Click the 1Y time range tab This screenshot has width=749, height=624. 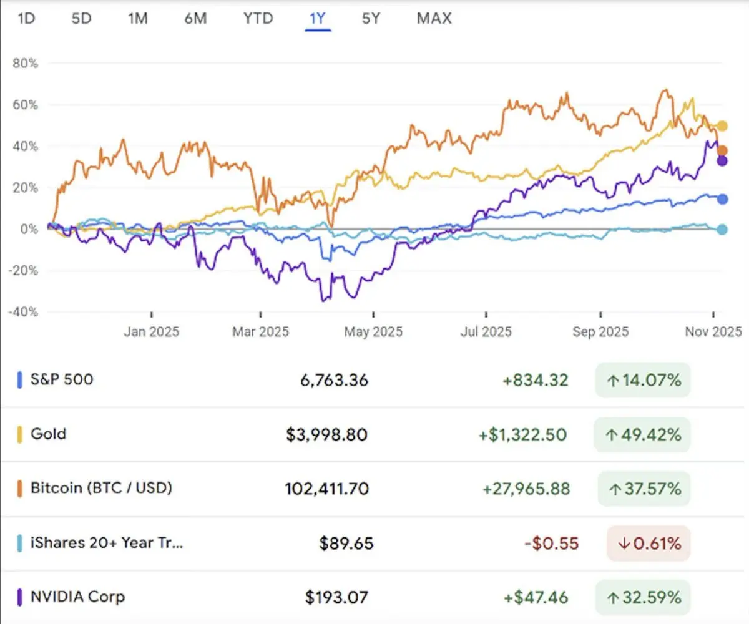pos(317,19)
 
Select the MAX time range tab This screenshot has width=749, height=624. pos(434,19)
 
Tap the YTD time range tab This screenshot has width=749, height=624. pos(258,19)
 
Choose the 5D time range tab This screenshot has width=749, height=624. pos(81,19)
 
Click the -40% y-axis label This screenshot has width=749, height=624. pos(24,311)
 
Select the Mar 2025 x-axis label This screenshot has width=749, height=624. pos(260,331)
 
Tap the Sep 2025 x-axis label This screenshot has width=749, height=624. pos(600,331)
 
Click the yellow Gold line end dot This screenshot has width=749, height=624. pos(722,126)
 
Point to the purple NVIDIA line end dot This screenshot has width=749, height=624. pos(722,161)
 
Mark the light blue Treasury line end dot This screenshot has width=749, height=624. pos(722,229)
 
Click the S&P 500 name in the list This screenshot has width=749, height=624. pos(62,379)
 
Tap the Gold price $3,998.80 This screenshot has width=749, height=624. pos(327,434)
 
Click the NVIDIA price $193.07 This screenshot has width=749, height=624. pos(336,597)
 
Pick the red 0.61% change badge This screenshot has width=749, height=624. pos(649,544)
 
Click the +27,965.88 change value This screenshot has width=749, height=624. pos(526,489)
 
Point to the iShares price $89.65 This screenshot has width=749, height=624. pos(346,544)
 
